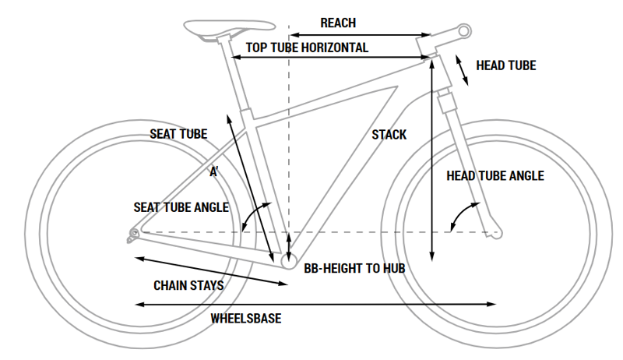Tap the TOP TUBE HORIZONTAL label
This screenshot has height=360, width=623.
tap(307, 48)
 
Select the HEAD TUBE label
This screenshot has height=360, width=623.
tap(505, 66)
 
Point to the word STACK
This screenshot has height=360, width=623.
tap(389, 135)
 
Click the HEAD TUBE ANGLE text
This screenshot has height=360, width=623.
tap(495, 176)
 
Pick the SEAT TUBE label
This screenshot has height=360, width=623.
tap(178, 134)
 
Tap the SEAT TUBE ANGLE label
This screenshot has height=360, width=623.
tap(181, 207)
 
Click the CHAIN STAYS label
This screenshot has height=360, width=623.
tap(188, 285)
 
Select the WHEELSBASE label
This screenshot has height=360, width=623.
tap(245, 319)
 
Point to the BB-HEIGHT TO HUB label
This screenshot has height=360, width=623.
tap(354, 268)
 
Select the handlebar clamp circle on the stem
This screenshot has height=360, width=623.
tap(464, 30)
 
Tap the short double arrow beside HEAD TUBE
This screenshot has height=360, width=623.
tap(462, 70)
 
